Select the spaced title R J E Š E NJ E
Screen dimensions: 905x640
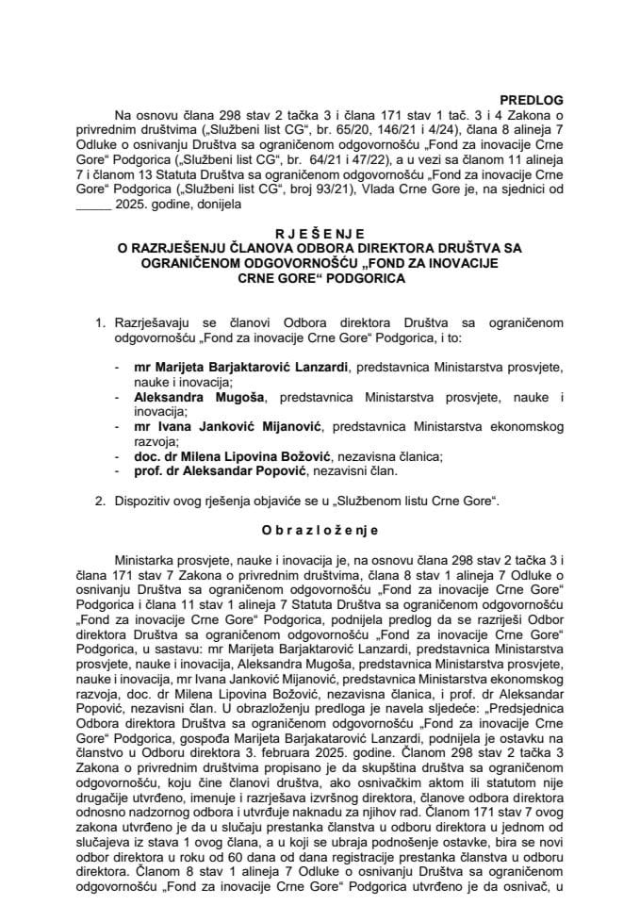pos(320,227)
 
